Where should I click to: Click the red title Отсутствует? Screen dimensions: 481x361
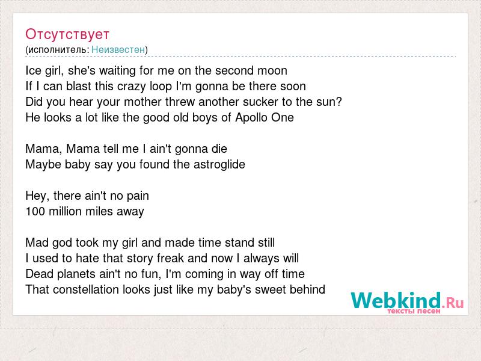(67, 34)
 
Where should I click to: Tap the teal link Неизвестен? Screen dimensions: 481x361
(118, 49)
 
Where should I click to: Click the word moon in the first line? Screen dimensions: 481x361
(272, 70)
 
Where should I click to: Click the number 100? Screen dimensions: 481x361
(35, 212)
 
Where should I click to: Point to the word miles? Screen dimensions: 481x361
(99, 212)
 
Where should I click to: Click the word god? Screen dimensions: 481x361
(63, 243)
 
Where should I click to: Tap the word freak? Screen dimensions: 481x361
(171, 259)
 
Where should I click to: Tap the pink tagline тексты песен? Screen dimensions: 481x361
(414, 311)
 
